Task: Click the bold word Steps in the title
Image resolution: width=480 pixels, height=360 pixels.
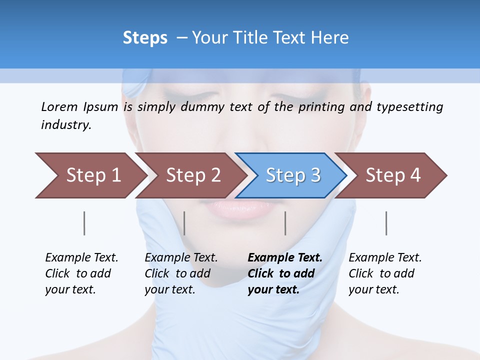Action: (x=145, y=38)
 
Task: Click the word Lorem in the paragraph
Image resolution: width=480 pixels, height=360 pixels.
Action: (x=59, y=106)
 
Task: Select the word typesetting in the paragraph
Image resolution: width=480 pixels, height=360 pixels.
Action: (x=409, y=107)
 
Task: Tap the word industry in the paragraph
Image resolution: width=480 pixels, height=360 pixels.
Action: (x=65, y=125)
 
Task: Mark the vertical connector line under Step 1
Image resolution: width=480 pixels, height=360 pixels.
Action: (x=84, y=223)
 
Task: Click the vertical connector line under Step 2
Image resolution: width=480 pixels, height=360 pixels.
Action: (x=184, y=223)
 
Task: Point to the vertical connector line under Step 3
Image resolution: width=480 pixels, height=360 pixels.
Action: (x=285, y=223)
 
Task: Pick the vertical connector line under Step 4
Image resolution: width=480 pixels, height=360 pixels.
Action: (x=386, y=223)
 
